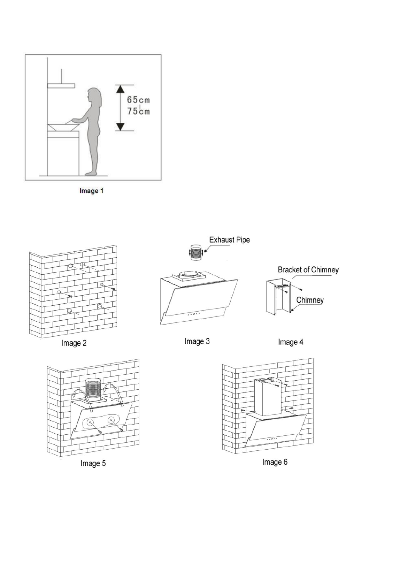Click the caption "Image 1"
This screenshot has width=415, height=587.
[91, 191]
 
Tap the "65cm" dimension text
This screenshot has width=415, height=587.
[138, 100]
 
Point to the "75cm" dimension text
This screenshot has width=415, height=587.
[138, 111]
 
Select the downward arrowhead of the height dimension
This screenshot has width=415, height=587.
[120, 127]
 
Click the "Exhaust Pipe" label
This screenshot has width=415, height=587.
[229, 240]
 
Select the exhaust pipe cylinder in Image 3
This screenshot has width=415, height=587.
[195, 252]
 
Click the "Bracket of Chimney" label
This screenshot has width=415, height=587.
[308, 270]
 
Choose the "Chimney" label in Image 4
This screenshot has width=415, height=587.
[310, 300]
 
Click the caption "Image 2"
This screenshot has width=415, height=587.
[74, 343]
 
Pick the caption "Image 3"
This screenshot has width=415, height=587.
[197, 341]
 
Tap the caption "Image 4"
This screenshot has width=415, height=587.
[291, 342]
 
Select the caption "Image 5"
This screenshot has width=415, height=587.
[93, 463]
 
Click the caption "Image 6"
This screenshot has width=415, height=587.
[275, 462]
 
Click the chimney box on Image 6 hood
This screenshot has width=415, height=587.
[267, 397]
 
